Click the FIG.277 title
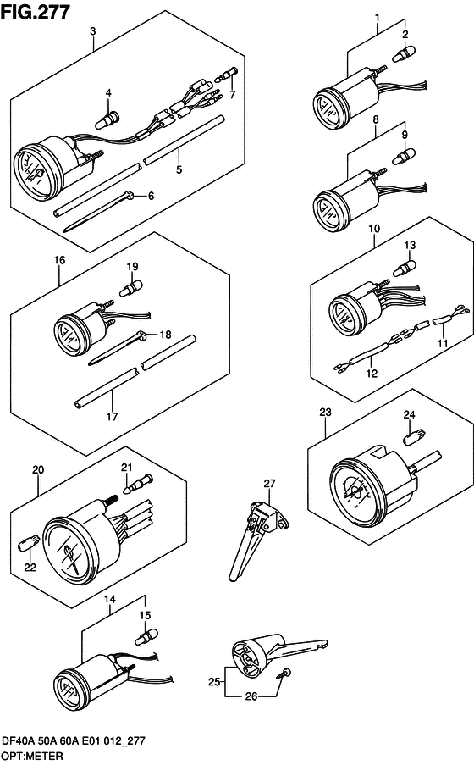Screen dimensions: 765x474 36,10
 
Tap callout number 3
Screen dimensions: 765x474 92,31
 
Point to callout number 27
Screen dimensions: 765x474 268,483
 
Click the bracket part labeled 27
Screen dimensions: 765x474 254,529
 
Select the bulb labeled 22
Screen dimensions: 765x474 30,540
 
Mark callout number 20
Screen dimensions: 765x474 36,469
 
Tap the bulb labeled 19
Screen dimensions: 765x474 132,289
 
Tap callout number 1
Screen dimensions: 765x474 377,17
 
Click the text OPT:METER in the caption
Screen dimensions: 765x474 31,754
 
